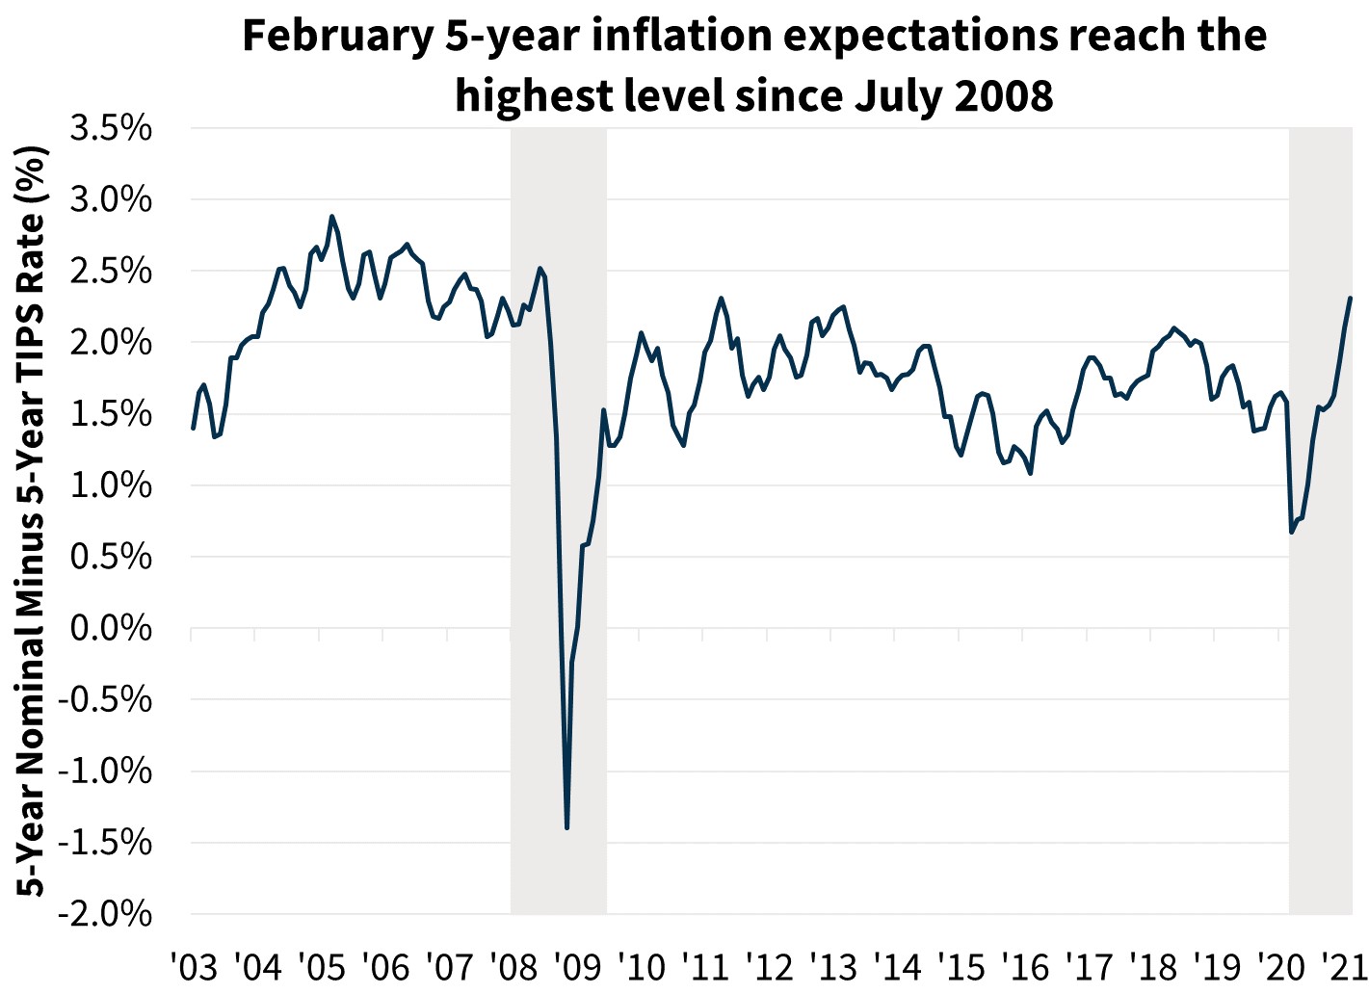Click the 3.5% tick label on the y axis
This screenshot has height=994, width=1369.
[x=110, y=128]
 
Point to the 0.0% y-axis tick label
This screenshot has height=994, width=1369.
[x=110, y=628]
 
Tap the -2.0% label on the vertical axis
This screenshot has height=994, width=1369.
[x=105, y=913]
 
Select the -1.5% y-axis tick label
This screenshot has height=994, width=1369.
[x=105, y=842]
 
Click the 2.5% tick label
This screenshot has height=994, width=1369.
[x=110, y=271]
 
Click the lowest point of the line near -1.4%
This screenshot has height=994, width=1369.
[x=566, y=827]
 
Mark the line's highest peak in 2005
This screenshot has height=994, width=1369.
[x=331, y=217]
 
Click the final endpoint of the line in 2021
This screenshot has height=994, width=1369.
[x=1351, y=299]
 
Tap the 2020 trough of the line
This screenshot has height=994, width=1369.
[x=1291, y=532]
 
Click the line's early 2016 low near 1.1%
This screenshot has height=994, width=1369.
[x=1031, y=473]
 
